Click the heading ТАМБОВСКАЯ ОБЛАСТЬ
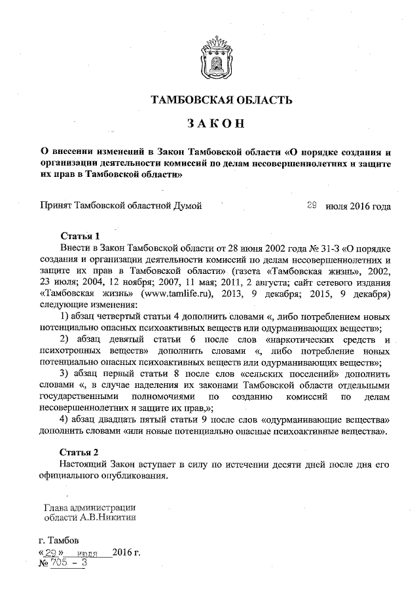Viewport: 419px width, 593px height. (x=217, y=100)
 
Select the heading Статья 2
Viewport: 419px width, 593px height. (x=79, y=452)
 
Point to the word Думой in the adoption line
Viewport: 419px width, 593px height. (x=186, y=206)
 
